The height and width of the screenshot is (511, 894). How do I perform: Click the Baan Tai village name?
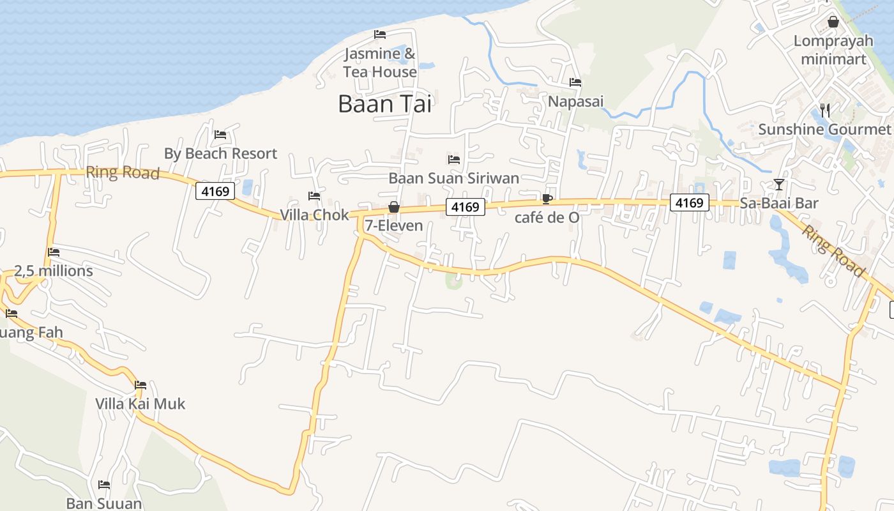pyautogui.click(x=384, y=103)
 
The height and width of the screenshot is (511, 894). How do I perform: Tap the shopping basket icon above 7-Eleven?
pyautogui.click(x=394, y=207)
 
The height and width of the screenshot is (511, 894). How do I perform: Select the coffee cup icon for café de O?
pyautogui.click(x=547, y=199)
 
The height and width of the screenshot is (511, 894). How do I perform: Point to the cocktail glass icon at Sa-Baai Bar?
pyautogui.click(x=778, y=185)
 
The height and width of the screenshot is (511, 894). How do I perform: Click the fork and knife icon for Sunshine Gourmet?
pyautogui.click(x=824, y=111)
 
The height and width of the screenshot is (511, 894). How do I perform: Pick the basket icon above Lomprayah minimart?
pyautogui.click(x=833, y=22)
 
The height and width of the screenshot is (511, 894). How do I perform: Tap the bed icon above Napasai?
pyautogui.click(x=575, y=82)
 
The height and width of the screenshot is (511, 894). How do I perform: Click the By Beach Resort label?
pyautogui.click(x=220, y=154)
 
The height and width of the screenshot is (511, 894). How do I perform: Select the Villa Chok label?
pyautogui.click(x=315, y=215)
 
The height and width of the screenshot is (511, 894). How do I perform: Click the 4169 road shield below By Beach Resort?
pyautogui.click(x=216, y=191)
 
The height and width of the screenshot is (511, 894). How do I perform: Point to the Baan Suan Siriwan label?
pyautogui.click(x=453, y=178)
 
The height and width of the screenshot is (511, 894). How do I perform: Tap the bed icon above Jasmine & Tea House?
pyautogui.click(x=380, y=34)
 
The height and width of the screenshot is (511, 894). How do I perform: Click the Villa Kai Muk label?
pyautogui.click(x=140, y=404)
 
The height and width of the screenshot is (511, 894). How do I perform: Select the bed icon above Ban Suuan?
pyautogui.click(x=104, y=485)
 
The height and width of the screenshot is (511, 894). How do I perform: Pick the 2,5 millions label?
pyautogui.click(x=54, y=271)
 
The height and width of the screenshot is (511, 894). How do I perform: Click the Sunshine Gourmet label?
pyautogui.click(x=824, y=130)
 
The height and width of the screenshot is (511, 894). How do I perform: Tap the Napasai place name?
pyautogui.click(x=575, y=102)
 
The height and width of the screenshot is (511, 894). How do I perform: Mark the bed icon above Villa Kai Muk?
pyautogui.click(x=140, y=385)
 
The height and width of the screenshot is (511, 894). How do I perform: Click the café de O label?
pyautogui.click(x=547, y=218)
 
